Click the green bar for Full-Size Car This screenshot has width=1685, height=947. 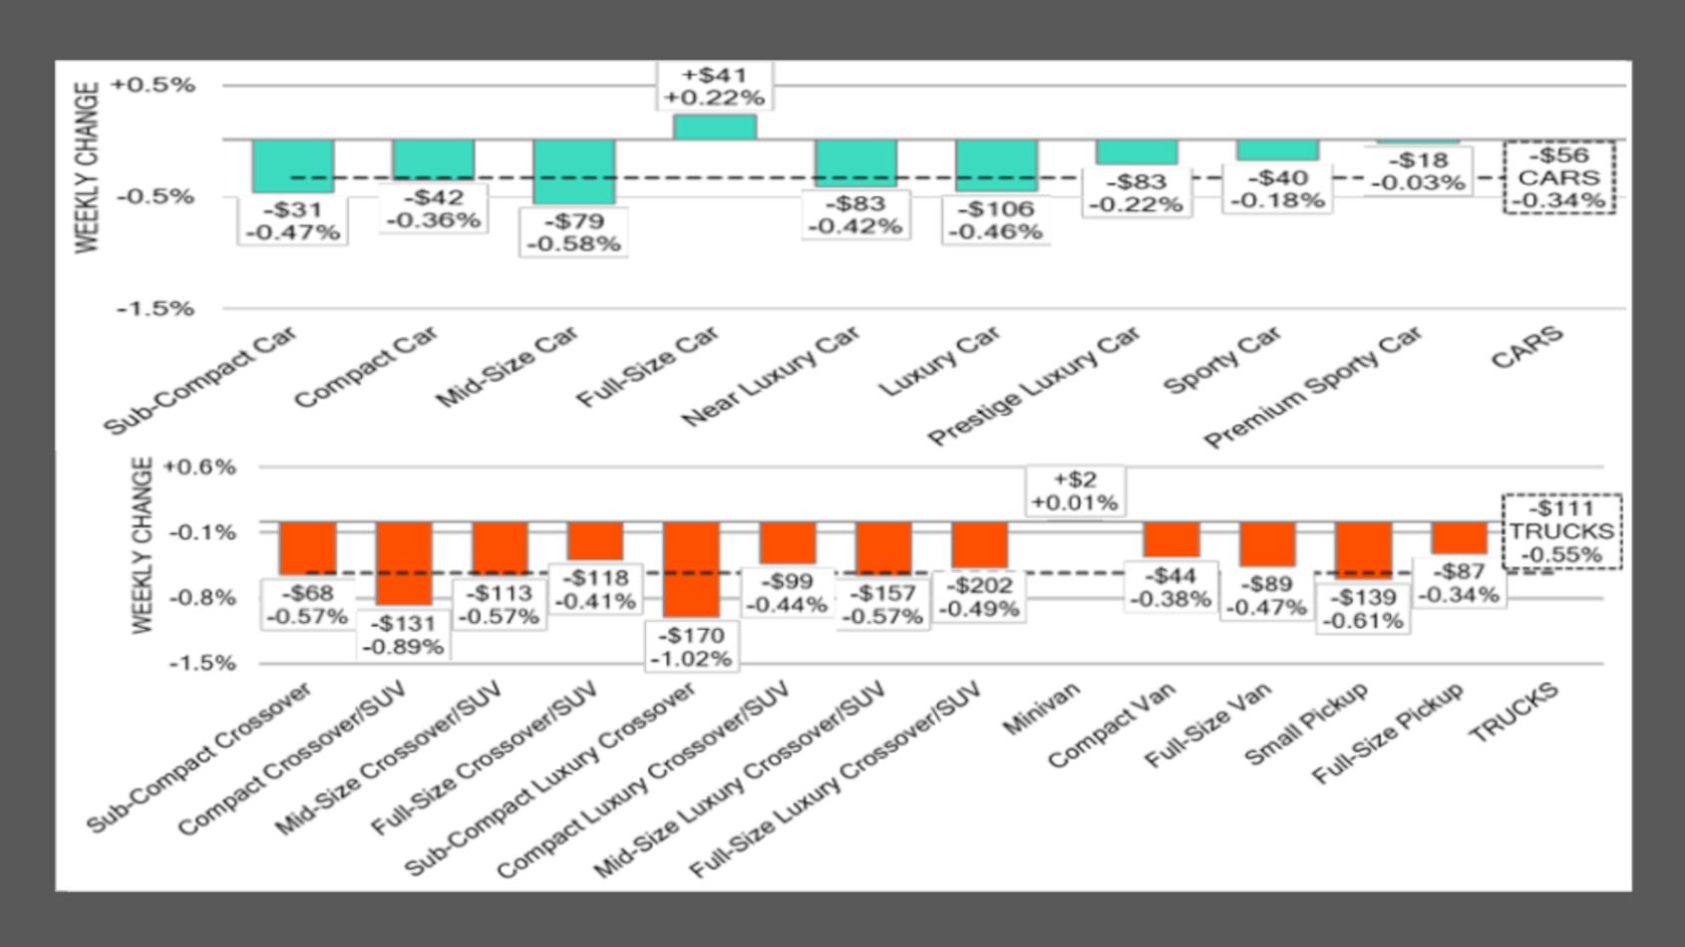coord(714,127)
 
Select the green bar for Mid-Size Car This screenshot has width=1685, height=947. coord(573,171)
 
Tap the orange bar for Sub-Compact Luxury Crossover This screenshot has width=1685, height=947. coord(691,568)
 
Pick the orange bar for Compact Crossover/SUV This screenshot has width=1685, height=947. coord(404,563)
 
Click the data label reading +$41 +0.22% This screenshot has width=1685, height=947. coord(714,87)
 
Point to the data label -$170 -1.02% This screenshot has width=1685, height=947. coord(691,647)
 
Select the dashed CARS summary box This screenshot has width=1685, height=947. coord(1558,177)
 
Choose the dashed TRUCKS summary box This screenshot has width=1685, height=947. coord(1560,531)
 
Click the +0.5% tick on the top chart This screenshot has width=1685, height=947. coord(153,85)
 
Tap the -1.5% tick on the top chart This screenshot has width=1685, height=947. coord(156,308)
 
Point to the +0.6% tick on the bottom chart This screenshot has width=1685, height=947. coord(199,467)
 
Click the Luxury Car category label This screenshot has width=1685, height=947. coord(939,361)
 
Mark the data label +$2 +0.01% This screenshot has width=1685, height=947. coord(1074,491)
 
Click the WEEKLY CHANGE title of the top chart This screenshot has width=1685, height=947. coord(88,166)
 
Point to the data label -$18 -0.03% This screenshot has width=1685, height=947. coord(1417,171)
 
